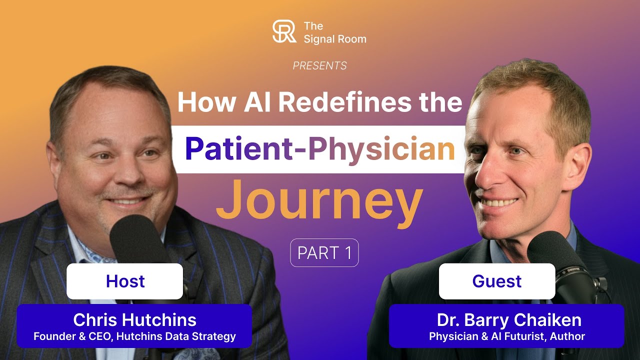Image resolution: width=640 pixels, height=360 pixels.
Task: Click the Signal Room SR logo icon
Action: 284,31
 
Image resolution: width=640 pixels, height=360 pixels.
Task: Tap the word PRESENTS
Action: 319,66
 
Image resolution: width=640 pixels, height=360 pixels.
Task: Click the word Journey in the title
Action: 319,200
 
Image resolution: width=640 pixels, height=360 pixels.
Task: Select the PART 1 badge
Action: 324,253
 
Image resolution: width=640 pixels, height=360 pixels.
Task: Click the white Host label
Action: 125,281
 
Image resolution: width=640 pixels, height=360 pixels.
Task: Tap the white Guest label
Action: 497,281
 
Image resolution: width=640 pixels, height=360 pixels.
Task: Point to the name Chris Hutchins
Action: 134,320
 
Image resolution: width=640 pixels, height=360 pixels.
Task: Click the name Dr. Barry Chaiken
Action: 507,320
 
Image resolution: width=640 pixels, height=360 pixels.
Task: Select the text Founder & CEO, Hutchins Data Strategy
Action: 134,336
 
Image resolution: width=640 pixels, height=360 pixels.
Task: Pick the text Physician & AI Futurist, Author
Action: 507,336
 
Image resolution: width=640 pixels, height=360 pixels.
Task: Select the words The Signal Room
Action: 334,32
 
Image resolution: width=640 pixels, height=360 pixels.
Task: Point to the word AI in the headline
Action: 256,102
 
